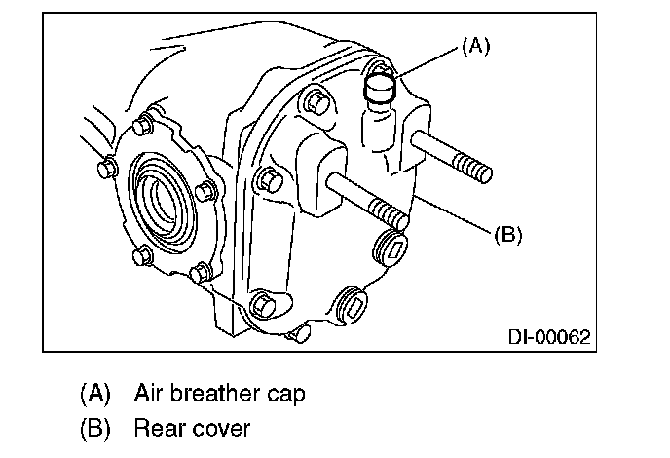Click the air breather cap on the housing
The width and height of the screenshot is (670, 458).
click(378, 92)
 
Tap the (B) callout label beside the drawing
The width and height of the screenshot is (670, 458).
click(509, 234)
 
